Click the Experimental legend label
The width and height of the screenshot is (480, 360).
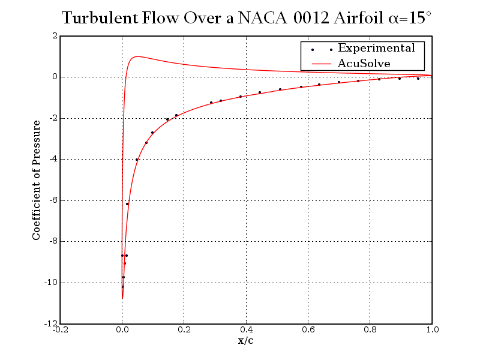[376, 48]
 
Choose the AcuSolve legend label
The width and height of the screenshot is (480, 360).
[364, 63]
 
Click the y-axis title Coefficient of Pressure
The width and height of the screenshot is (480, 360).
[37, 180]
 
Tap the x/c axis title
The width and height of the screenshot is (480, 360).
[246, 341]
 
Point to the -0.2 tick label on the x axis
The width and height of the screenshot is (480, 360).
[61, 329]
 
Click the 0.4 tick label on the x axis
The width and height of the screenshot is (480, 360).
[246, 329]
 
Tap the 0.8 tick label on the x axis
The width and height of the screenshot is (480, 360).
[370, 329]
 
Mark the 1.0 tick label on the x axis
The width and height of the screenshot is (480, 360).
[431, 329]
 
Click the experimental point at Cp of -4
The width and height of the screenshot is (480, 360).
[137, 160]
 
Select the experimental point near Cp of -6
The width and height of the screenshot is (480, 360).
[127, 204]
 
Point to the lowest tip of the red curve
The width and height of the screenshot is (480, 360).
[122, 298]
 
